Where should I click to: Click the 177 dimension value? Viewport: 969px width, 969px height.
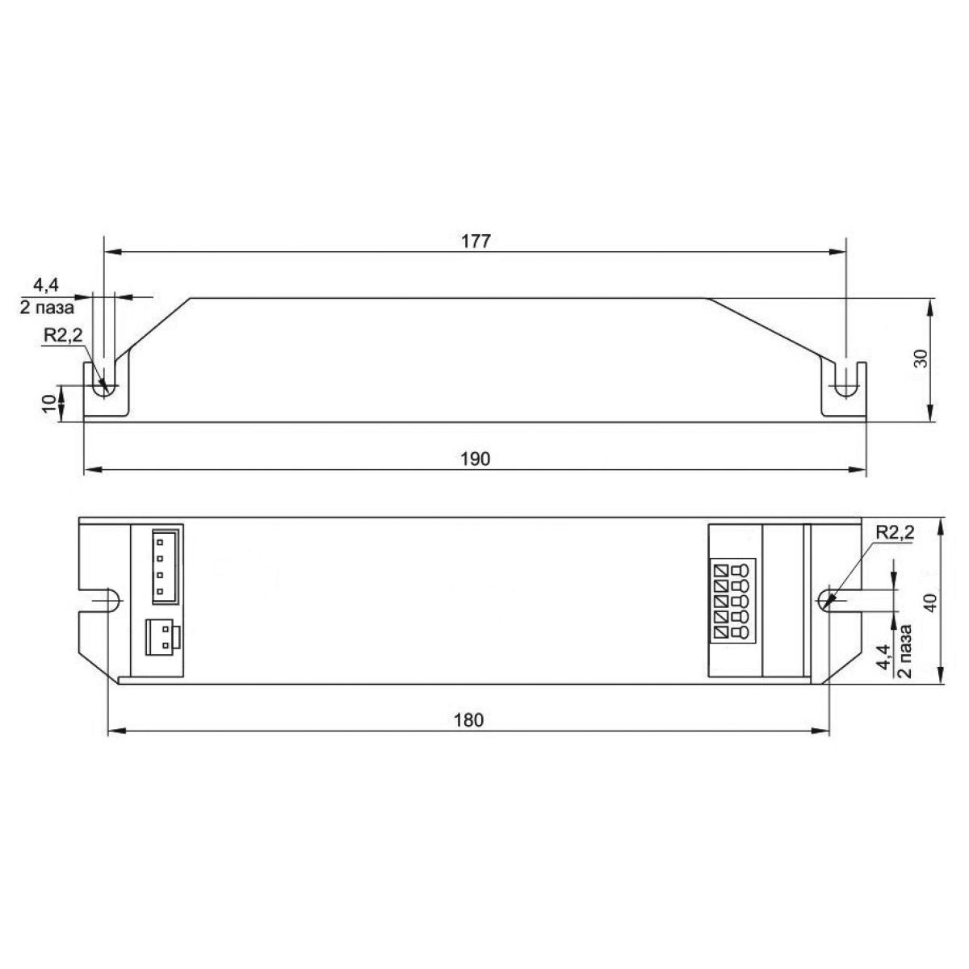(x=476, y=241)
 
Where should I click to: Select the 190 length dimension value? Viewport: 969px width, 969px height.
(x=476, y=459)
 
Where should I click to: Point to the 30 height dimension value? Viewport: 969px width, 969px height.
(x=920, y=359)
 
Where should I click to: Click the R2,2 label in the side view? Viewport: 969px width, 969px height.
(x=63, y=336)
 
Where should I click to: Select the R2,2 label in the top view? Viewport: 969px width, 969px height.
(x=894, y=532)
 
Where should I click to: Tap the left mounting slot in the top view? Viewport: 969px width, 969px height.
(x=103, y=602)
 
